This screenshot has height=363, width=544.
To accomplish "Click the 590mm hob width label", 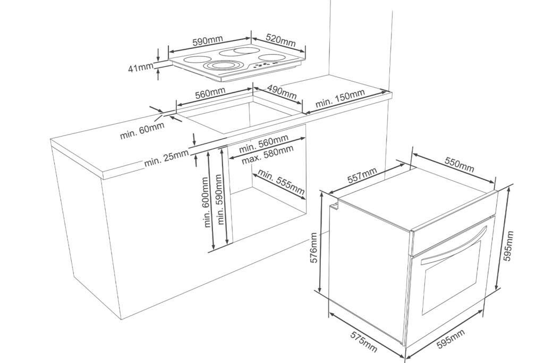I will (x=208, y=41).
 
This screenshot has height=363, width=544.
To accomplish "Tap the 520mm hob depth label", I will (x=280, y=41).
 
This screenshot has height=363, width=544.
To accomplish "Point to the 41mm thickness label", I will (x=140, y=68).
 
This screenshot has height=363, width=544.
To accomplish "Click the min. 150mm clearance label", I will (x=340, y=99).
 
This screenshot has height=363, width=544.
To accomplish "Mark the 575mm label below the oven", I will (x=363, y=341).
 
